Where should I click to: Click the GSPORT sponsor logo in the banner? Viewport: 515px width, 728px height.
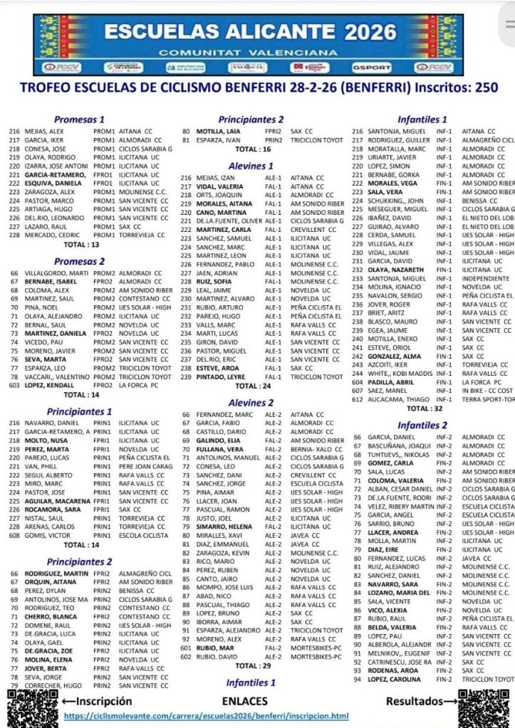coord(371,68)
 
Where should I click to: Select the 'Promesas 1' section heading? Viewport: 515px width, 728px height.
coord(79,120)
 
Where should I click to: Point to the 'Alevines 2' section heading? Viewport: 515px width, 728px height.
coord(250,403)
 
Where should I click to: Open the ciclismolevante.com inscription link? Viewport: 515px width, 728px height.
coord(206,715)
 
